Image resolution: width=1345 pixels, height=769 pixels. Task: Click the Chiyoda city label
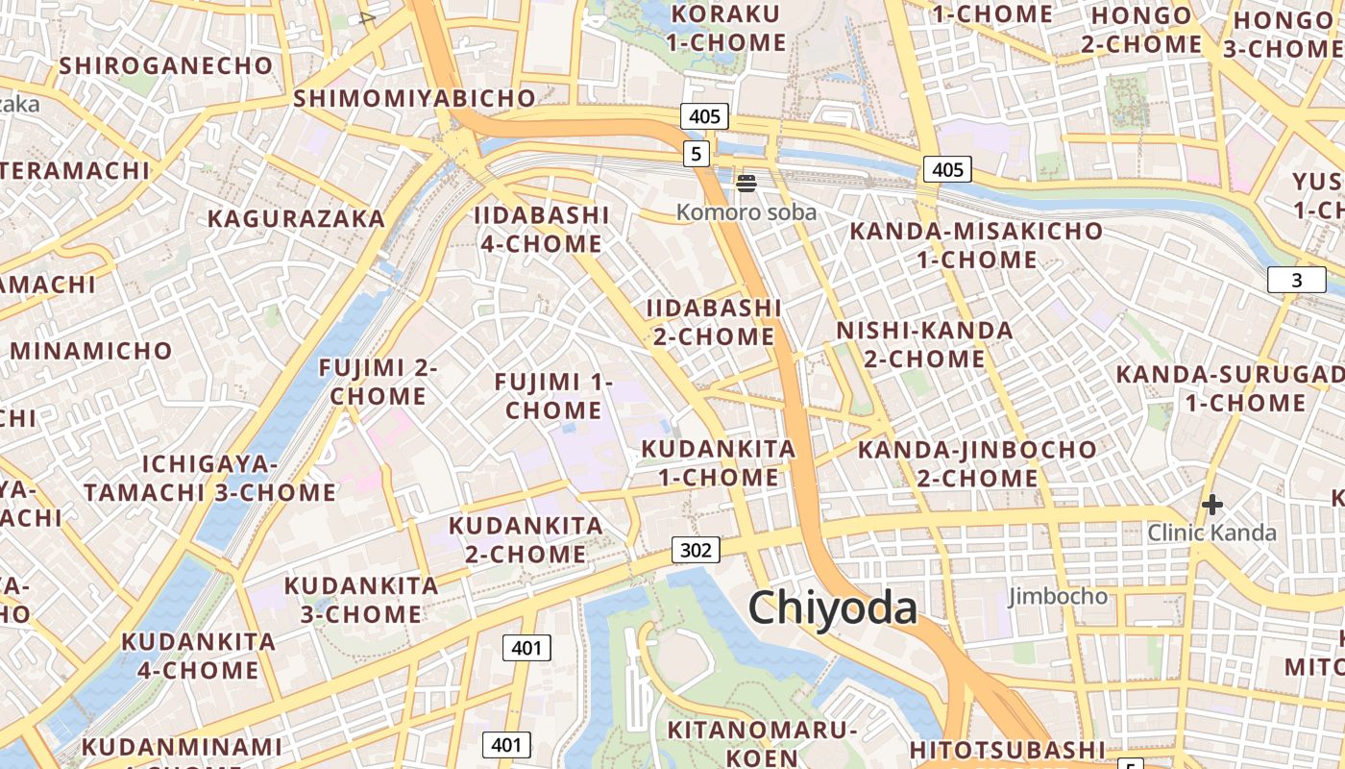tap(832, 608)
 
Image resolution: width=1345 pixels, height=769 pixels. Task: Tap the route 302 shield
tap(695, 550)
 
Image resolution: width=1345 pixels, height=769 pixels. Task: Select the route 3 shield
tap(1296, 280)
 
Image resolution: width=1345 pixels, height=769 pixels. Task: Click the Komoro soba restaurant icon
tap(746, 183)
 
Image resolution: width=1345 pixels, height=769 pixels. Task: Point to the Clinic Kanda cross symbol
tap(1212, 504)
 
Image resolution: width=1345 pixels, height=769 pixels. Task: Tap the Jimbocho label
tap(1057, 596)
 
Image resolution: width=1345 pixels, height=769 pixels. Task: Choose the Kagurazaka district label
tap(296, 218)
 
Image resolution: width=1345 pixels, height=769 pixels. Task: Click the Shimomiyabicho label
tap(414, 98)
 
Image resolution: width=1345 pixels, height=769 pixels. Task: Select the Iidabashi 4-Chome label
tap(542, 229)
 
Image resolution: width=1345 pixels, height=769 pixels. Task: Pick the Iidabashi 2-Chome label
tap(714, 322)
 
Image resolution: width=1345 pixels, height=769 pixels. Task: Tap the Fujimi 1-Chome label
tap(553, 396)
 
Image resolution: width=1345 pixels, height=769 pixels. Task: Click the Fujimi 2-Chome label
tap(379, 382)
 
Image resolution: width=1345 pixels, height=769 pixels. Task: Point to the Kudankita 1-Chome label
tap(718, 462)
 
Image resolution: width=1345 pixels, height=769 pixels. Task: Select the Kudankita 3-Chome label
tap(361, 599)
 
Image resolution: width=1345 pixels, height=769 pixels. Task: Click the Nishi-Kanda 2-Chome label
tap(924, 344)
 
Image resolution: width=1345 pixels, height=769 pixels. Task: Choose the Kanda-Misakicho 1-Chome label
tap(976, 245)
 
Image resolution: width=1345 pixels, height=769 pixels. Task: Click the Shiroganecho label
tap(166, 65)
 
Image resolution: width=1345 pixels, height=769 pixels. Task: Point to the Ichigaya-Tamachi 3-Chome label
tap(209, 478)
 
